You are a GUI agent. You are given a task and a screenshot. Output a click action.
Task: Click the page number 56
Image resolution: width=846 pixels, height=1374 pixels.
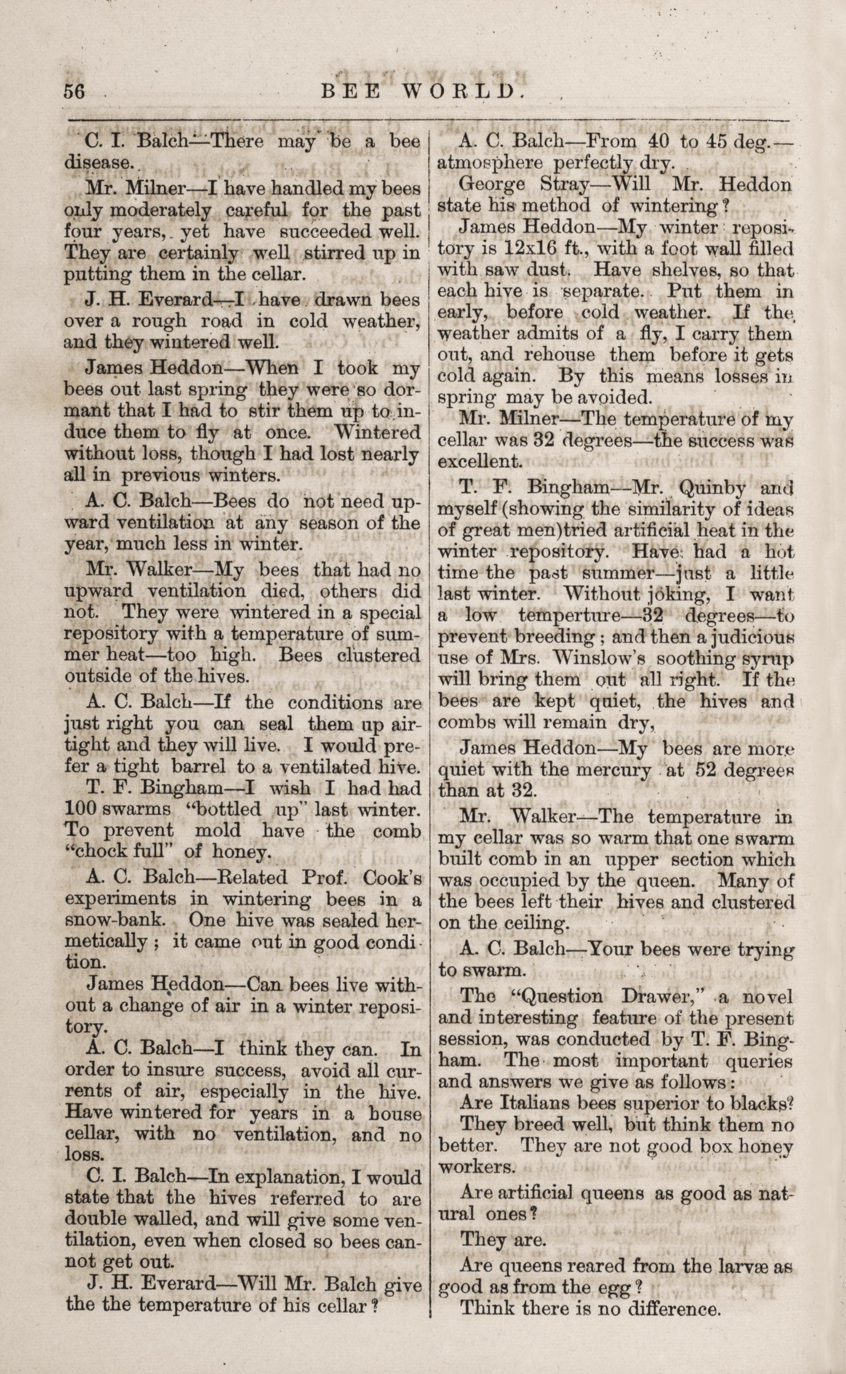(x=74, y=91)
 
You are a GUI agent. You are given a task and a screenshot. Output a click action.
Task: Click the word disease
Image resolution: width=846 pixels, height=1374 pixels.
(x=98, y=163)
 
